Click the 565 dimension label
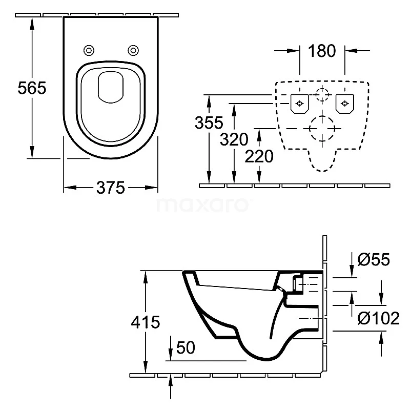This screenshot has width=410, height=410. click(32, 88)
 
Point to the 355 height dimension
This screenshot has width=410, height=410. click(209, 123)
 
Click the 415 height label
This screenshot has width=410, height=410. click(146, 322)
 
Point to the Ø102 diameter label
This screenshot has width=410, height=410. click(379, 318)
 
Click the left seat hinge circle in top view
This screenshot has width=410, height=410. click(89, 50)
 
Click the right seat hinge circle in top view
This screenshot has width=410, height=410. click(133, 50)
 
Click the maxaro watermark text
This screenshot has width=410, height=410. click(204, 205)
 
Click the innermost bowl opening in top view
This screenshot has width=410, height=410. click(111, 86)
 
